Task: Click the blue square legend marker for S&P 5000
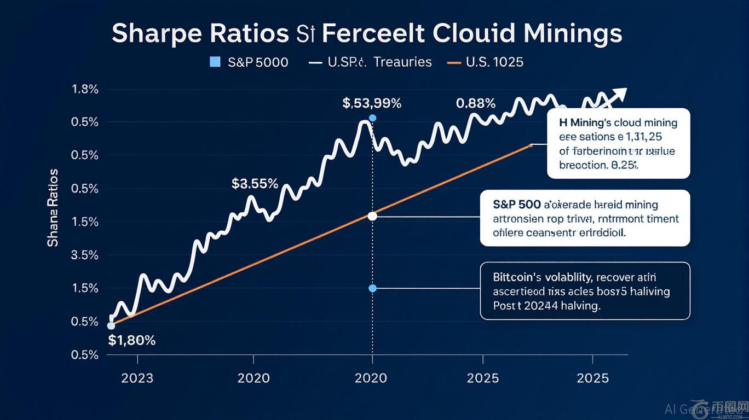click(x=215, y=62)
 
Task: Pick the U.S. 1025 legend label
click(x=494, y=62)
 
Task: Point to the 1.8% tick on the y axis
click(x=85, y=90)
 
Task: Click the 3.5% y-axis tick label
click(x=85, y=255)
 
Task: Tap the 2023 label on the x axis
click(x=137, y=378)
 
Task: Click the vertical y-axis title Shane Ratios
click(x=53, y=208)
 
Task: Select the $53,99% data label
click(x=372, y=103)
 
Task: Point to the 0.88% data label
click(x=476, y=103)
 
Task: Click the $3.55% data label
click(x=255, y=184)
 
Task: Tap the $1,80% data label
click(x=132, y=340)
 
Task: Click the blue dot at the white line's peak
click(x=373, y=118)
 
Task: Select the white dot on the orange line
click(x=372, y=216)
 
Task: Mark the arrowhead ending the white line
click(x=621, y=94)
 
